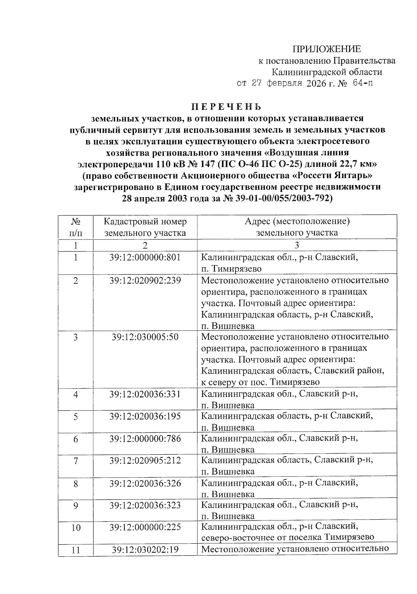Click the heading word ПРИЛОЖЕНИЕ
[326, 49]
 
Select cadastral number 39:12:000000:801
[145, 257]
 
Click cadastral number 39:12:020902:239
[145, 280]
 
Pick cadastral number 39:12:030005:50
[145, 337]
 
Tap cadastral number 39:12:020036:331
[145, 394]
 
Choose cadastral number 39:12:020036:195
[145, 416]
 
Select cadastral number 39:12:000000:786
[145, 439]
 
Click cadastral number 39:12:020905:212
[145, 461]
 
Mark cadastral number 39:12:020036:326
[145, 483]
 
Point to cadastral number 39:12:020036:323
[145, 505]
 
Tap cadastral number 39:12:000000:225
[145, 527]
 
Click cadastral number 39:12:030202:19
[145, 550]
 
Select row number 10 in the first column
[76, 528]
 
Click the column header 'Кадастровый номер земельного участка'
[145, 227]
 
